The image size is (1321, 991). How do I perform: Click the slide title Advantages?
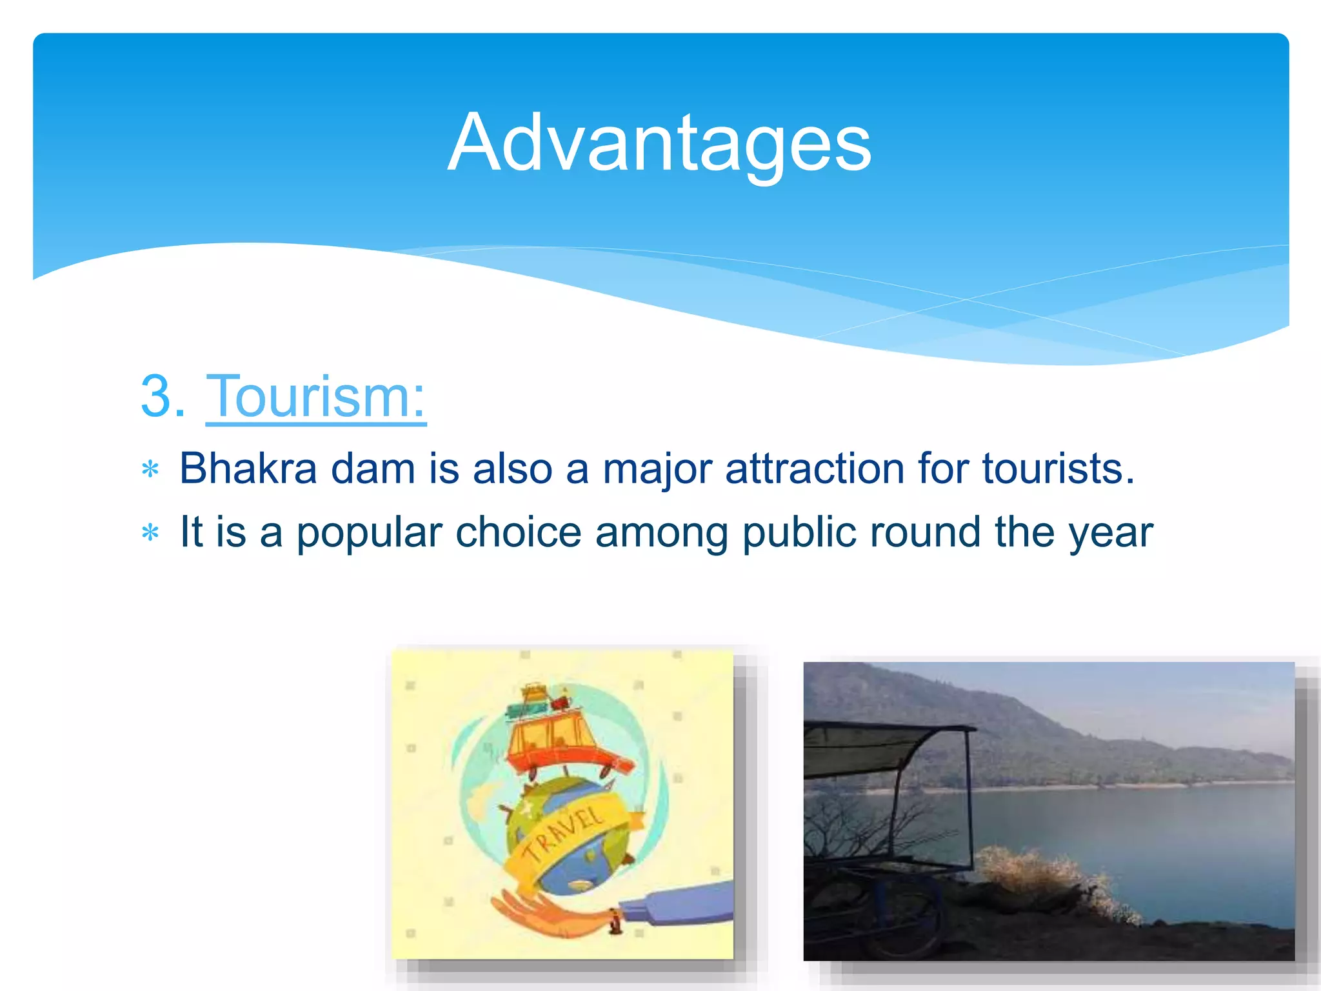[659, 143]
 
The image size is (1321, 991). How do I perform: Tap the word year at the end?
[1110, 533]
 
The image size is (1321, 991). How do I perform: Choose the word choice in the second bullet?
[518, 533]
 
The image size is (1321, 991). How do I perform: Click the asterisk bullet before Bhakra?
[150, 470]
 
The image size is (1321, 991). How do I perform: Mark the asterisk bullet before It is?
[150, 533]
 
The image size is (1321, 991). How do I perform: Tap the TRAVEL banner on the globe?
[568, 836]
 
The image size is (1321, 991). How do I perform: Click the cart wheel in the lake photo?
[903, 916]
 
